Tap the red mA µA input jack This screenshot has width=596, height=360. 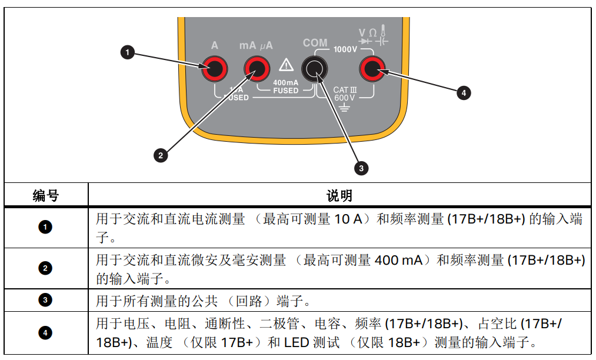(x=257, y=70)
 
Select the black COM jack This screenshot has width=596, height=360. (x=315, y=70)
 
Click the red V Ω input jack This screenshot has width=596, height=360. (x=372, y=70)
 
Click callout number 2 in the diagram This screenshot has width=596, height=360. (x=160, y=155)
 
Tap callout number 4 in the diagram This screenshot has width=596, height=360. (x=464, y=92)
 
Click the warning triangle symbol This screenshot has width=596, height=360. (x=286, y=64)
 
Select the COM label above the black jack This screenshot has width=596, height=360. (x=315, y=43)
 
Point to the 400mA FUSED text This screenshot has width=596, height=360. (x=286, y=86)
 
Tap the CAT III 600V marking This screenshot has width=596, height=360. (x=345, y=94)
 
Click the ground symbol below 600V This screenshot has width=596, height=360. (x=344, y=107)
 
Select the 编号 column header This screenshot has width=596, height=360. (x=46, y=195)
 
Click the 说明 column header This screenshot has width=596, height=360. (x=339, y=195)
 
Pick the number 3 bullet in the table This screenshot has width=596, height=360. (x=46, y=301)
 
